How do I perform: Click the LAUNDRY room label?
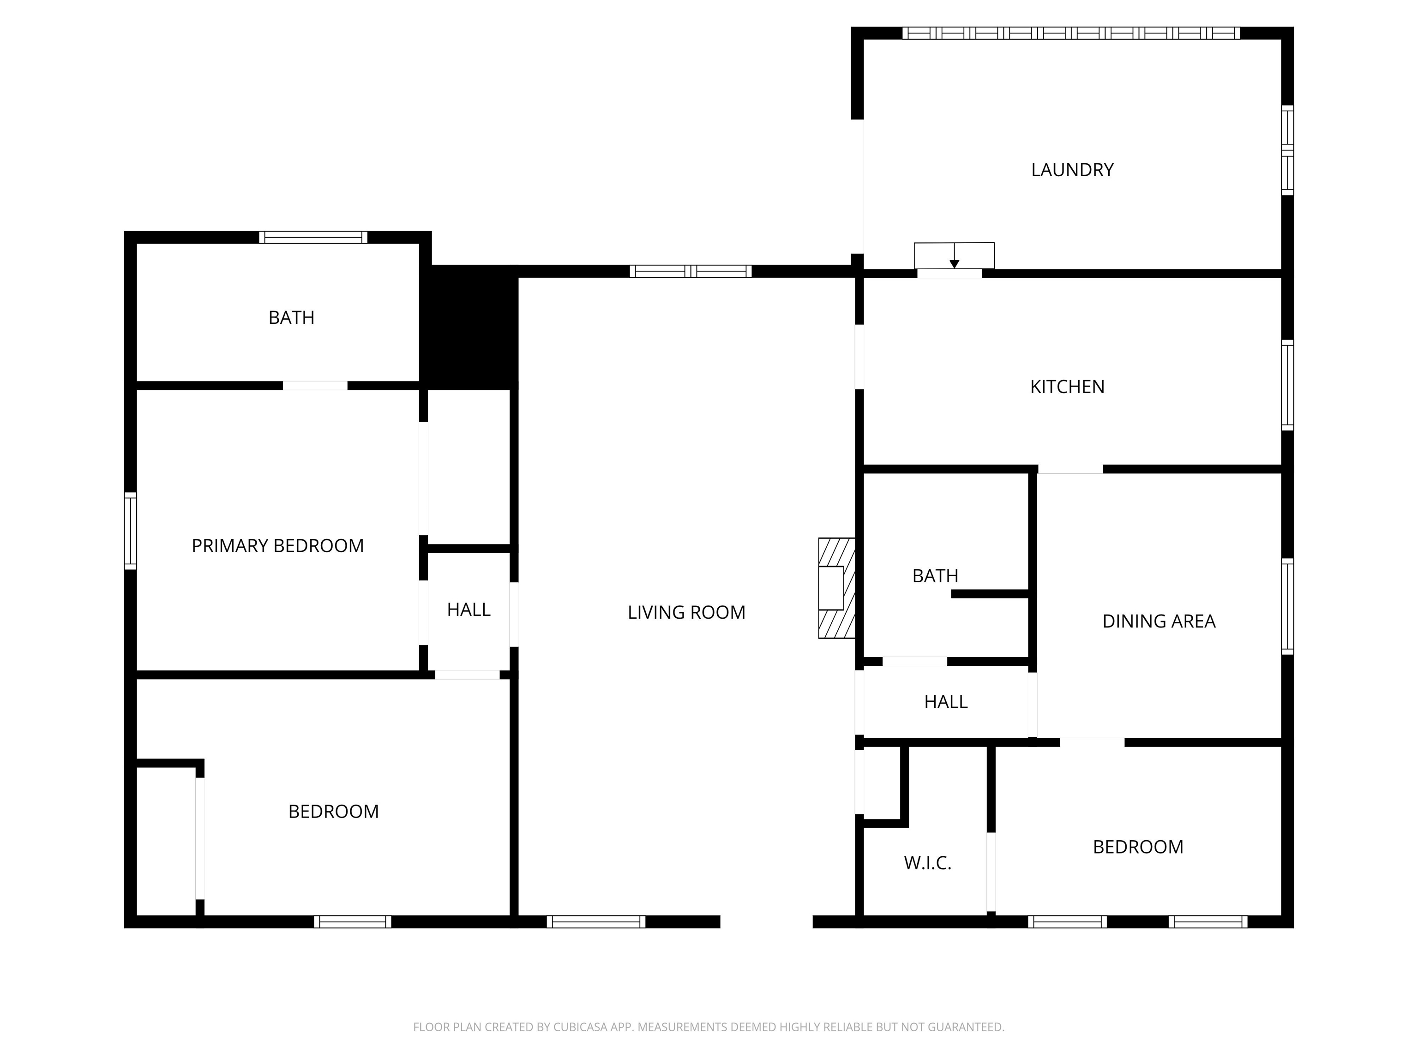[x=1072, y=170]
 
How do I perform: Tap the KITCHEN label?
[x=1067, y=387]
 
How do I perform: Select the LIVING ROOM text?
[x=686, y=613]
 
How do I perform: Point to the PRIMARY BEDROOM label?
[x=277, y=546]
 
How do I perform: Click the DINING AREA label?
[x=1159, y=621]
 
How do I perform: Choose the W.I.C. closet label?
[x=928, y=863]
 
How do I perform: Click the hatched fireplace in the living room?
[x=836, y=588]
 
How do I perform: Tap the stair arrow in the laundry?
[x=954, y=256]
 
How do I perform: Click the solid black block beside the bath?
[x=469, y=327]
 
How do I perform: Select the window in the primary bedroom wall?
[x=130, y=531]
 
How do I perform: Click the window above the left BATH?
[x=313, y=237]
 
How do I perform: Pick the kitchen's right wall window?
[x=1287, y=385]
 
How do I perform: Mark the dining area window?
[x=1287, y=607]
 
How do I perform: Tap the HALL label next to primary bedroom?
[x=469, y=610]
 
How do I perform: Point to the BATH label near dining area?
[x=935, y=576]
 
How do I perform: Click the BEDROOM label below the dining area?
[x=1138, y=847]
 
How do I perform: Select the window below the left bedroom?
[x=353, y=922]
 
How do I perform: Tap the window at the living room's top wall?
[x=691, y=271]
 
